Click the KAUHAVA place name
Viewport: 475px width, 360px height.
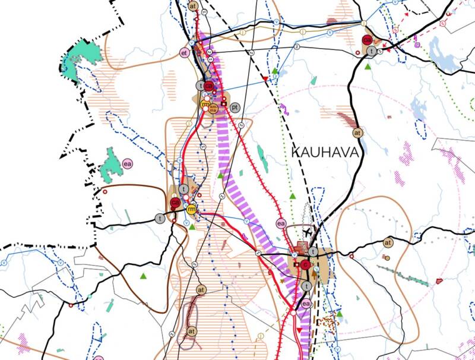(326, 152)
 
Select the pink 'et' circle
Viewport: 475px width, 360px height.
(185, 52)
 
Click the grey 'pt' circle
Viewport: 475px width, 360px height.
(235, 108)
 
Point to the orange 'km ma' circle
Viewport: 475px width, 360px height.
(214, 109)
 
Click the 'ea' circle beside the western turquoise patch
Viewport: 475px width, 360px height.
(126, 163)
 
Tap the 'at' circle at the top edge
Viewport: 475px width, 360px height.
(192, 5)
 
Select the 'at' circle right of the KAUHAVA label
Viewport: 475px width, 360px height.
(357, 132)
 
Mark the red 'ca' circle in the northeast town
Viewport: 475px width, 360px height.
(368, 40)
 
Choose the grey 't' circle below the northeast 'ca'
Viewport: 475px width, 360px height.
(372, 52)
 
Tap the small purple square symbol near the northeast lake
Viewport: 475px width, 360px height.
(417, 43)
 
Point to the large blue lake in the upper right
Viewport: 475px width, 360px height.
(442, 53)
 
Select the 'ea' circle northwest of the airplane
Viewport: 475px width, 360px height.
(281, 223)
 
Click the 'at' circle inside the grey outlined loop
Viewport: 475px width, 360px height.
(191, 330)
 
